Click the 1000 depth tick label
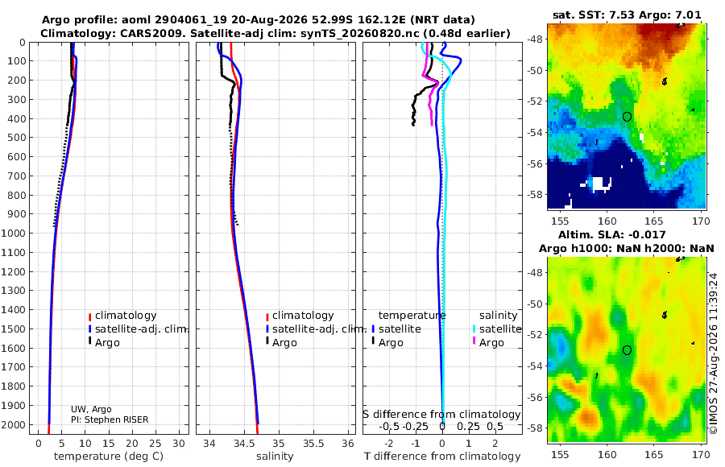tap(13, 233)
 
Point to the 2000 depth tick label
tap(13, 424)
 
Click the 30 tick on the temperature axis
tap(179, 444)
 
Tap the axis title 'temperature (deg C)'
tap(109, 457)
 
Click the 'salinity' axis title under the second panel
tap(275, 457)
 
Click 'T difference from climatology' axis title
tap(442, 457)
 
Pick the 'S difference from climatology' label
tap(442, 415)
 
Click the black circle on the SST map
tap(627, 117)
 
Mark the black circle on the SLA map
tap(627, 350)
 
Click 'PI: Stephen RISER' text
tap(110, 419)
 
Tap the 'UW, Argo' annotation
tap(91, 409)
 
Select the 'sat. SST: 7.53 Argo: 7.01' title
tap(627, 14)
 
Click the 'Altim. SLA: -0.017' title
tap(612, 234)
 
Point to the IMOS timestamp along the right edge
tap(714, 353)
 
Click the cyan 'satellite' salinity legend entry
tap(496, 329)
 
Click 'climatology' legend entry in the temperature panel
tap(122, 316)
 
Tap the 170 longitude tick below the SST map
tap(701, 221)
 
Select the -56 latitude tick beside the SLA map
tap(536, 397)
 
